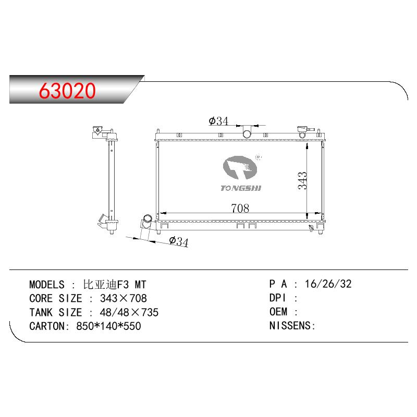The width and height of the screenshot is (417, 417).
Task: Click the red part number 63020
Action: (x=67, y=91)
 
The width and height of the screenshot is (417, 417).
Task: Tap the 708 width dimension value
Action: (x=240, y=208)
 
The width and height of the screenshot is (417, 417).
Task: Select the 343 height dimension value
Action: (x=302, y=180)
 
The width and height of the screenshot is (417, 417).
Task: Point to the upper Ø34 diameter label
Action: (x=218, y=121)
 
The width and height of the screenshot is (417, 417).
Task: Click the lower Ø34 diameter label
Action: (x=178, y=241)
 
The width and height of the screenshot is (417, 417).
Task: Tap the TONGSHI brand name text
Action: (x=241, y=188)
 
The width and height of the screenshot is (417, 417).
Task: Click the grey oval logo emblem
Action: (x=240, y=167)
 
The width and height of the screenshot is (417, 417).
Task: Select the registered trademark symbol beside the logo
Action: (x=258, y=157)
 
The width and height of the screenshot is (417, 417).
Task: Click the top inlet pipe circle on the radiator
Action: (x=247, y=134)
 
